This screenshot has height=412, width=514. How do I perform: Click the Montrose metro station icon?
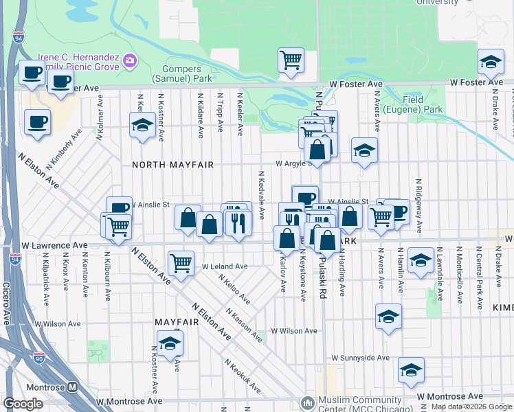pos(74,387)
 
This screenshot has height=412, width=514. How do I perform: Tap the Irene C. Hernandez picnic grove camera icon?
pos(129,62)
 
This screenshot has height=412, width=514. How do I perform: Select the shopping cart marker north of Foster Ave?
pos(291,60)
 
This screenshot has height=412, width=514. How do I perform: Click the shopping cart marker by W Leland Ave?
pos(181,262)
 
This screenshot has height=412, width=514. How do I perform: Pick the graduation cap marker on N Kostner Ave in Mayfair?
pos(170,344)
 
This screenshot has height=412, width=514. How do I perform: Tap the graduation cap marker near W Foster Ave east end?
pos(491,64)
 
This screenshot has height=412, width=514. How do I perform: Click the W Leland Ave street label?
pos(224,266)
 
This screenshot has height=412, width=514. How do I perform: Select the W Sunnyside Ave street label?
pos(360,358)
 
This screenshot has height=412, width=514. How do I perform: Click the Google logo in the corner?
pos(23,403)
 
